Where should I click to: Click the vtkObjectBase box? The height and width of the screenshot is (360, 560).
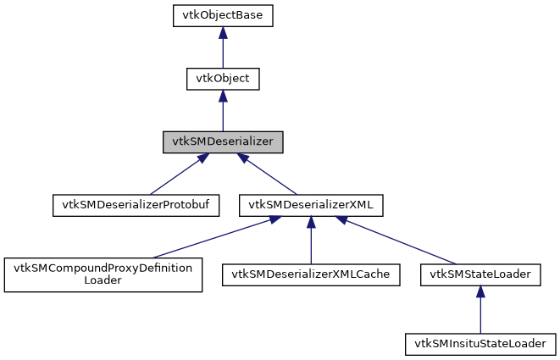[222, 15]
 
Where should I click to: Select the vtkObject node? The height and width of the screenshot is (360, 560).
[222, 79]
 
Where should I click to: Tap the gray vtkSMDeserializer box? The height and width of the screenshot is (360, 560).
[222, 142]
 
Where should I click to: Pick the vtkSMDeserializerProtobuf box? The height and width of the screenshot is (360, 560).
[136, 205]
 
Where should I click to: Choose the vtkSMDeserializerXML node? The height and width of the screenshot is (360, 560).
[311, 205]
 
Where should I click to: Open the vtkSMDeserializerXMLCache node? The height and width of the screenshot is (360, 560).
[311, 275]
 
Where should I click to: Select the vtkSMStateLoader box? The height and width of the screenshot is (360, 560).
[480, 275]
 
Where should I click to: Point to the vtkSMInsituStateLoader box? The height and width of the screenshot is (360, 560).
[480, 344]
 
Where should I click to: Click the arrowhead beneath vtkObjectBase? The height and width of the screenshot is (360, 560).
[222, 32]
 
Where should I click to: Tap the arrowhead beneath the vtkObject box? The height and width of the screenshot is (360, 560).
[222, 96]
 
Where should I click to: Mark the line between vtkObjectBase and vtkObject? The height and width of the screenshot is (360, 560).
[222, 53]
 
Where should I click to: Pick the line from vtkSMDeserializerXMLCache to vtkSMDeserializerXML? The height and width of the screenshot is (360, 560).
[311, 246]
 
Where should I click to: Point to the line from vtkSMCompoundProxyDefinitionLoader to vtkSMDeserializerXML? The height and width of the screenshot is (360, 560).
[212, 238]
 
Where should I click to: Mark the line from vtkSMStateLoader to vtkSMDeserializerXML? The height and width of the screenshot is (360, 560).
[398, 241]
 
